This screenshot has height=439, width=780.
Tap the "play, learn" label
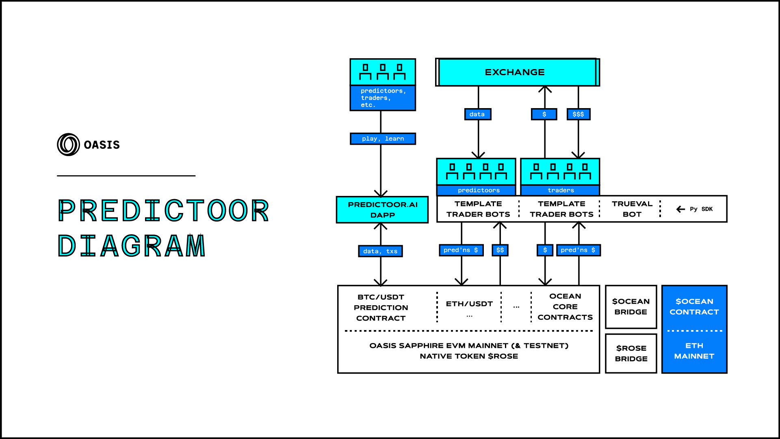(x=383, y=139)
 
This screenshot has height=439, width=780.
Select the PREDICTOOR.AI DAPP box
(x=382, y=210)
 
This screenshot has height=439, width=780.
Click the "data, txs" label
(x=380, y=251)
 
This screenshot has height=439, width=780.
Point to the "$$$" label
(x=578, y=114)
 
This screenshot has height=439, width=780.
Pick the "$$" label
(x=500, y=250)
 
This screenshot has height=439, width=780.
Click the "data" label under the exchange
(x=477, y=114)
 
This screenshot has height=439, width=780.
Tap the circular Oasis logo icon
(x=68, y=145)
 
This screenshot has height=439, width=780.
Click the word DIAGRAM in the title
(x=132, y=246)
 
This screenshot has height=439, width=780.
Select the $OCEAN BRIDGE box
(x=631, y=307)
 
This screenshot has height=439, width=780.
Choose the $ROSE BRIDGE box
(x=631, y=353)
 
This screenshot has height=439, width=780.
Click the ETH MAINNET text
(x=694, y=351)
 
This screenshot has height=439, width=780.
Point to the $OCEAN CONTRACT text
(x=694, y=307)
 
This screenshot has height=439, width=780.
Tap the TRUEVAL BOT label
(x=632, y=209)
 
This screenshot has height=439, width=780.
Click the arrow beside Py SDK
(x=681, y=209)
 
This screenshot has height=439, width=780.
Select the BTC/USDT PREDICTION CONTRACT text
(x=381, y=308)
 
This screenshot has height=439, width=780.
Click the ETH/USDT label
(x=469, y=304)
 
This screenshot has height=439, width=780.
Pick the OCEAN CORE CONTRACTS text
(x=565, y=307)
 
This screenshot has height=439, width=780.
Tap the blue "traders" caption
(x=561, y=190)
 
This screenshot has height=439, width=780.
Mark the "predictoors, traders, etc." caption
(x=383, y=98)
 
